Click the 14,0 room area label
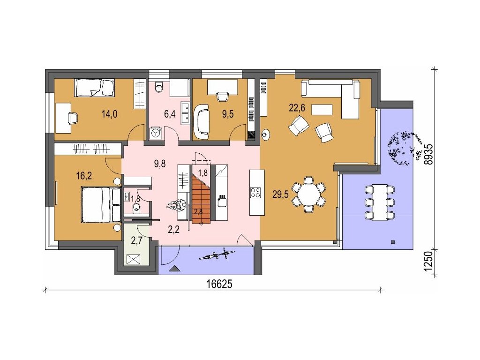[x=110, y=114]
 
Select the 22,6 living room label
[x=297, y=108]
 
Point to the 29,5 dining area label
[x=280, y=194]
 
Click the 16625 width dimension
[x=219, y=284]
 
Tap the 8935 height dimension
[x=429, y=154]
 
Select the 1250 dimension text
[x=429, y=261]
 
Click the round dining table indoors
[x=309, y=195]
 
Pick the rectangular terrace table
[x=379, y=202]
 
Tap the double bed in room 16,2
[x=101, y=204]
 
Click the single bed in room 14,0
[x=95, y=88]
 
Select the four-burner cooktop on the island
[x=255, y=192]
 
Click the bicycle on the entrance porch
[x=217, y=255]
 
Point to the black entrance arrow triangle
[x=175, y=269]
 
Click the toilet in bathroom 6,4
[x=159, y=87]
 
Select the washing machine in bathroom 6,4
[x=156, y=133]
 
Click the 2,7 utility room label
[x=136, y=240]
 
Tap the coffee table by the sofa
[x=322, y=110]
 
